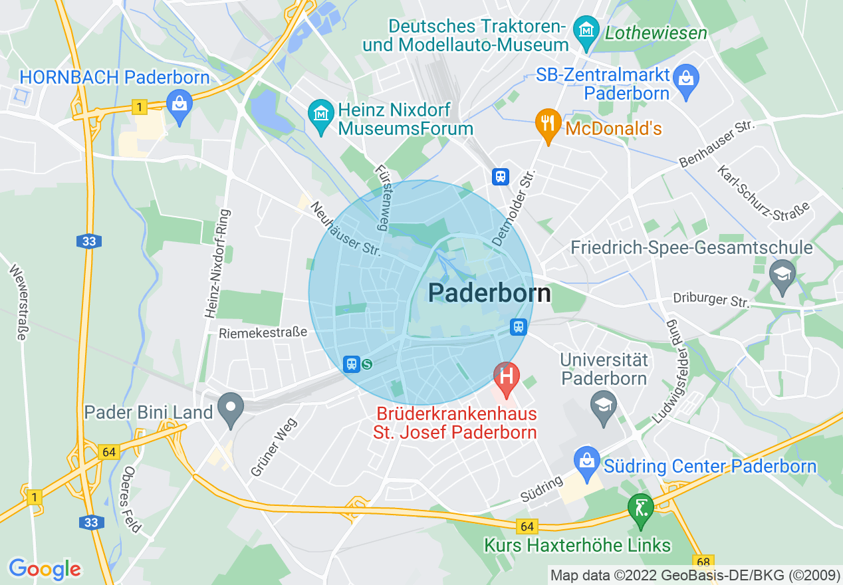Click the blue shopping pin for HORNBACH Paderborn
coord(179,104)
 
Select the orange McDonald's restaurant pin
coord(548,123)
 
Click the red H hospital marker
coord(507,376)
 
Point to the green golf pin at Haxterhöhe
coord(640,509)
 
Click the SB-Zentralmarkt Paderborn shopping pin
coord(686,78)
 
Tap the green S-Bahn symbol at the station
coord(366,364)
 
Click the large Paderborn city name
coord(489,292)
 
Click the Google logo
coord(45,569)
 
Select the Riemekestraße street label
coord(263,332)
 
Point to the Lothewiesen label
coord(655,32)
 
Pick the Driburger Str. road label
coord(711,299)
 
